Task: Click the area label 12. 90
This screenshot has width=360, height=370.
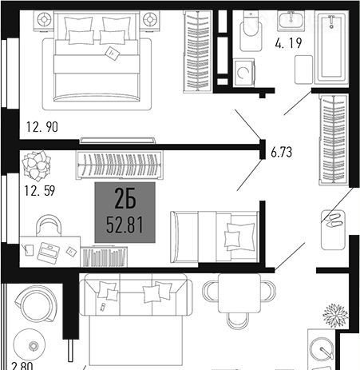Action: (x=42, y=127)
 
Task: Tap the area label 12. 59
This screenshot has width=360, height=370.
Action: (x=40, y=191)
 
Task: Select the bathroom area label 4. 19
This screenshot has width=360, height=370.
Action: (x=289, y=43)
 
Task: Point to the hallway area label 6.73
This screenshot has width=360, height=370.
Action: (x=282, y=153)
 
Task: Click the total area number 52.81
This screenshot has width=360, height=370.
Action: (x=125, y=225)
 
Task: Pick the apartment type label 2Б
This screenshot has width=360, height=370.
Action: (x=125, y=198)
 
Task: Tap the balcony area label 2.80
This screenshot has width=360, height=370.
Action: (x=22, y=365)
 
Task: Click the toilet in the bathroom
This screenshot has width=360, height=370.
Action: (x=251, y=31)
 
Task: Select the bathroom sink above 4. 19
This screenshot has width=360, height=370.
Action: (x=291, y=21)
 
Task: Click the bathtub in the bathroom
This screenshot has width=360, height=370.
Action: (x=331, y=47)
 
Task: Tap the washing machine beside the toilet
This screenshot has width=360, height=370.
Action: (x=244, y=73)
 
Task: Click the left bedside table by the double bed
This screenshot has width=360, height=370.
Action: (x=44, y=21)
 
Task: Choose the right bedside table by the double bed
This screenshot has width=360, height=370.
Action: (x=149, y=20)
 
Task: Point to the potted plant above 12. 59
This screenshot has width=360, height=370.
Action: (x=36, y=165)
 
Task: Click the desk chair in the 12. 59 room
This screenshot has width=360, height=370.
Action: (x=49, y=225)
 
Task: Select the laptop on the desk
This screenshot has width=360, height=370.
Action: (x=48, y=253)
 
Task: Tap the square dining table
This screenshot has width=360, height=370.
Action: (x=239, y=293)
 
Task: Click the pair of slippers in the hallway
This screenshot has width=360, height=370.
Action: (x=333, y=221)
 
